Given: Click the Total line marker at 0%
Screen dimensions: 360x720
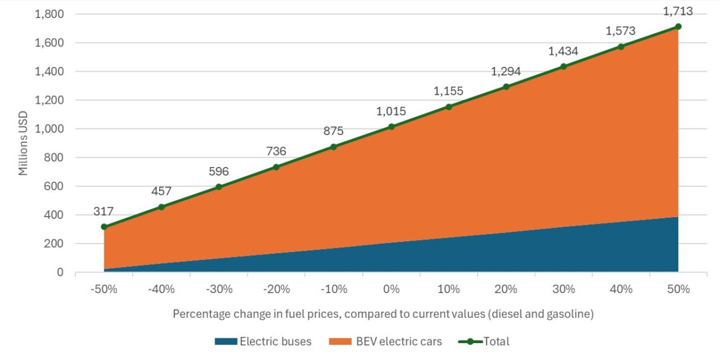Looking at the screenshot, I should pos(391,127).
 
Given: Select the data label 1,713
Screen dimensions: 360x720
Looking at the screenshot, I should pos(678,11).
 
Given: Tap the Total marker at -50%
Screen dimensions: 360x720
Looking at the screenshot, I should pos(104,227).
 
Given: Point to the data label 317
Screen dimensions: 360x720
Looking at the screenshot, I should pos(104,212).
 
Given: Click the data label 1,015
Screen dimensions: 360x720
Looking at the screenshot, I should pos(391,112).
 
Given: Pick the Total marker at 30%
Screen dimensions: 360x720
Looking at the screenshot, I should pos(564,66).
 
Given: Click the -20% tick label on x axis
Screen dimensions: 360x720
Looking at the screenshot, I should pos(276,289).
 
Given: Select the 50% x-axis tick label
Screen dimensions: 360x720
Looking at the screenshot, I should pos(678,289).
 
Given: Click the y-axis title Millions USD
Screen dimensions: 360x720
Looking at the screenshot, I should pos(24,144).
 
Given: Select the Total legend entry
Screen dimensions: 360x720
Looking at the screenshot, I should pos(496,341).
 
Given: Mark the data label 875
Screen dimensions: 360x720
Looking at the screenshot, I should pos(334,131).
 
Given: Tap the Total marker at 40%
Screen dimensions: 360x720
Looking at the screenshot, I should pos(621,46).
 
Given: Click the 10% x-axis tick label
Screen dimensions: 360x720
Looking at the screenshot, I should pos(449,289).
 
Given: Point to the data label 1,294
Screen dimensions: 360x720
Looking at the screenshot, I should pos(506,72).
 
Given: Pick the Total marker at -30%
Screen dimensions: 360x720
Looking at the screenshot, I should pos(219,187).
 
